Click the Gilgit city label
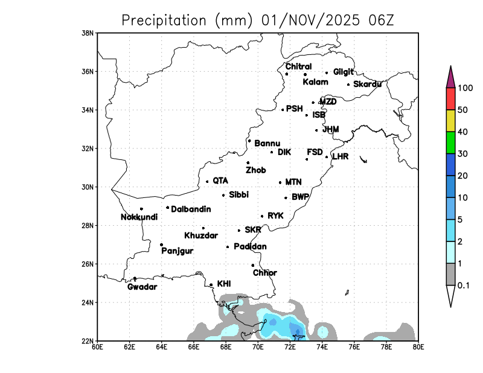click(x=343, y=72)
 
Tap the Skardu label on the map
click(x=367, y=84)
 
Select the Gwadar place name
click(x=142, y=287)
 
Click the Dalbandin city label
click(x=191, y=209)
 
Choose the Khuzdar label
click(x=201, y=235)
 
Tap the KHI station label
click(x=223, y=283)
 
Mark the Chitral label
click(x=298, y=66)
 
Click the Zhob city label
click(x=255, y=170)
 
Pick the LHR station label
click(x=341, y=156)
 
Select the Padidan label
click(x=250, y=246)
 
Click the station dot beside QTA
click(x=207, y=181)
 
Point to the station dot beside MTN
click(x=280, y=182)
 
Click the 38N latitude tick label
click(x=88, y=33)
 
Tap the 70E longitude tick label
click(x=258, y=347)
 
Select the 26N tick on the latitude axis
click(x=88, y=264)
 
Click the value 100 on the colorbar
click(x=465, y=88)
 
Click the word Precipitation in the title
click(x=164, y=20)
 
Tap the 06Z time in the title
click(x=380, y=20)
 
